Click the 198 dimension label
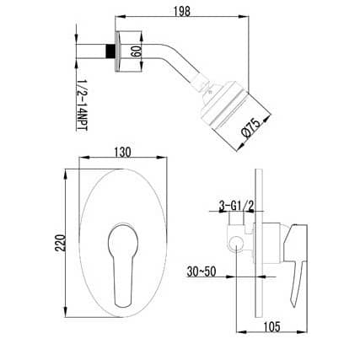pos(182,11)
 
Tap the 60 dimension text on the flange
pos(136,51)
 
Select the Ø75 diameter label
pos(251,128)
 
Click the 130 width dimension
pos(122,152)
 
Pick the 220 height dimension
pos(61,242)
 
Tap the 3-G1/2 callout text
pos(237,206)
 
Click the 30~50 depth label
pos(201,271)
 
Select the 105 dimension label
pos(271,326)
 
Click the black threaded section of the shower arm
pos(110,51)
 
